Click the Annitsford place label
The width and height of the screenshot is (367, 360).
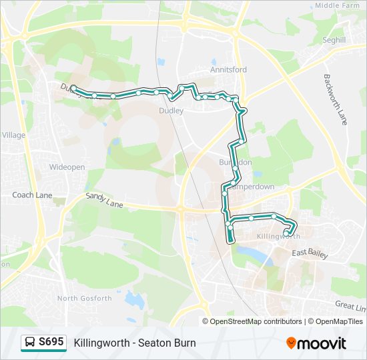coord(228,69)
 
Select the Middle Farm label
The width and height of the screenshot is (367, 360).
coord(337,5)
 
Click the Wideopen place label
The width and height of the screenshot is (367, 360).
coord(67,167)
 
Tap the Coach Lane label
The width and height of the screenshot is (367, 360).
coord(32,195)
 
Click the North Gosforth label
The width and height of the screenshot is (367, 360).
coord(85,298)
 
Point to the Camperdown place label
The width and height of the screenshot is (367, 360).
coord(252,187)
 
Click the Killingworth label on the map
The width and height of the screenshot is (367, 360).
coord(278,237)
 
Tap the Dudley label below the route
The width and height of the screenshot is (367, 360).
coord(171,111)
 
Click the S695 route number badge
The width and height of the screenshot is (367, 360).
coord(51,342)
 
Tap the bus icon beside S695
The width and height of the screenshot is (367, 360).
coord(30,342)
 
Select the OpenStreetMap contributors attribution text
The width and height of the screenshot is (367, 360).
coord(256,321)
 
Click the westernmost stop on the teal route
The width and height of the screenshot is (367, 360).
coord(73,89)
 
